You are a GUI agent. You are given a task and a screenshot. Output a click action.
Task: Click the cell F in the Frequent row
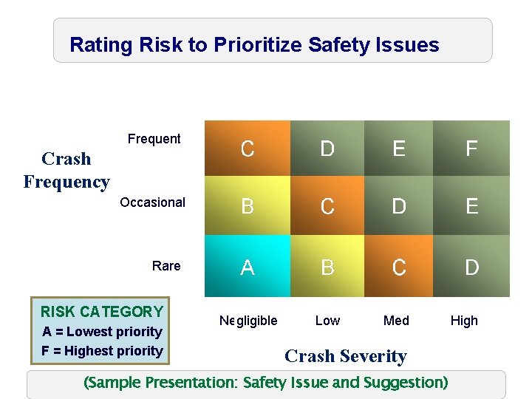[x=471, y=149]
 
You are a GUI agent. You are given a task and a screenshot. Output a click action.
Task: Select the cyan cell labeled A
[x=248, y=267]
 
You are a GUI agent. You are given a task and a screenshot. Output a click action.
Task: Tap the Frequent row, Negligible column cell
[x=248, y=149]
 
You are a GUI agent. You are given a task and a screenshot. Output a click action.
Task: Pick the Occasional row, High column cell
[x=471, y=206]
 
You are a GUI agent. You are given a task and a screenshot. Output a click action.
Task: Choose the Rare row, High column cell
[x=471, y=267]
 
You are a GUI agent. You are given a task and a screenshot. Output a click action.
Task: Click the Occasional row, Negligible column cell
[x=248, y=206]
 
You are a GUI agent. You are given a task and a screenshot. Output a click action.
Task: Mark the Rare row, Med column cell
[x=399, y=267]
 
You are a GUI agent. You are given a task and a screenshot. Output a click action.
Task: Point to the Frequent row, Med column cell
[x=399, y=149]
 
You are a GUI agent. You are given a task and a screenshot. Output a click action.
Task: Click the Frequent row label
[x=154, y=139]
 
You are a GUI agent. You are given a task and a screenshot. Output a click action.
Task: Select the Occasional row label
[x=152, y=202]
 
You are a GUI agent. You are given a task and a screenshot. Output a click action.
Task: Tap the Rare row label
[x=166, y=266]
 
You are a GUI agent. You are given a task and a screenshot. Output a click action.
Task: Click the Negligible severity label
[x=248, y=321]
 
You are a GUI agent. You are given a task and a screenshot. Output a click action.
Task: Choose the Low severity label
[x=327, y=321]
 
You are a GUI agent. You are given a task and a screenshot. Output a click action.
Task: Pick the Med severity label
[x=396, y=321]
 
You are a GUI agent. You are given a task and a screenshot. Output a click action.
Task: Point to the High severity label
[x=464, y=321]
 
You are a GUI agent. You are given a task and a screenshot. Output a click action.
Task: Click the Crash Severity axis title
[x=346, y=356]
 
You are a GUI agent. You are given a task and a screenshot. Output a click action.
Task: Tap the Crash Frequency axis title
[x=66, y=170]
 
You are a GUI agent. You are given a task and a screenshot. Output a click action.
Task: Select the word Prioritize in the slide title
[x=258, y=45]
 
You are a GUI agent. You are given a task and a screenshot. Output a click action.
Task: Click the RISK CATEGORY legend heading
[x=102, y=312]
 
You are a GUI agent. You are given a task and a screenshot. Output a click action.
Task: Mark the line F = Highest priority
[x=102, y=351]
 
